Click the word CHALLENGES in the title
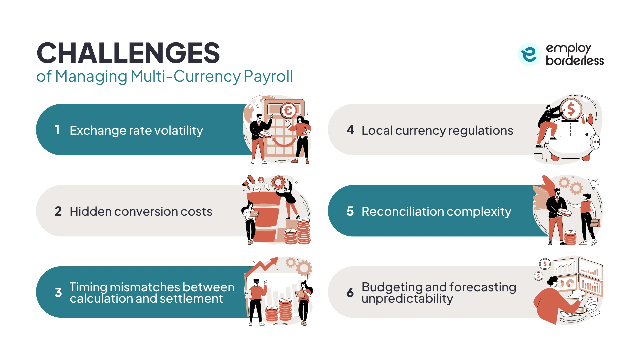[x=128, y=53]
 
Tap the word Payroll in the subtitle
[x=268, y=76]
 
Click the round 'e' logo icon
[x=529, y=54]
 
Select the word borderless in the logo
[x=575, y=61]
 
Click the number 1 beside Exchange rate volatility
[x=57, y=130]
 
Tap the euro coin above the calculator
[x=288, y=111]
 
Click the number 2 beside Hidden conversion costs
[x=58, y=211]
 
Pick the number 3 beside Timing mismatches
[x=58, y=293]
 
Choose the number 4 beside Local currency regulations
[x=350, y=130]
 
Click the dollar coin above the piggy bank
[x=571, y=109]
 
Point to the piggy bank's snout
[x=595, y=142]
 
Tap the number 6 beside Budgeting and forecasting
[x=350, y=293]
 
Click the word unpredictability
[x=407, y=299]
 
